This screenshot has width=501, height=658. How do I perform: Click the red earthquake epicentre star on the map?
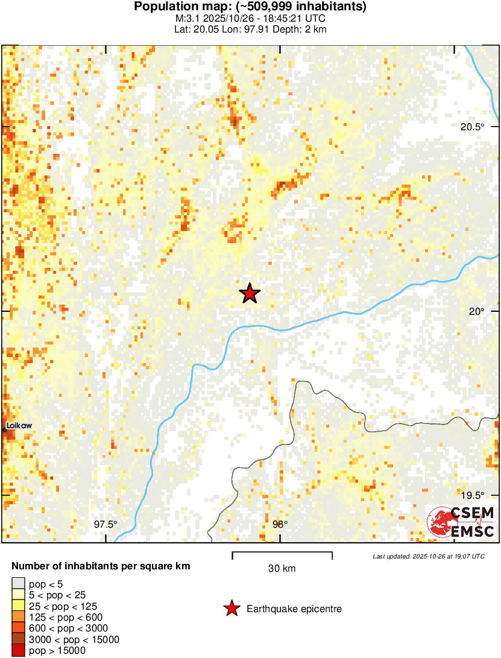pos(250,293)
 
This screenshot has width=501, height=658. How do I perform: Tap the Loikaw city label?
pos(19,426)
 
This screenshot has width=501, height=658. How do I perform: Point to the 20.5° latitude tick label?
pos(472,127)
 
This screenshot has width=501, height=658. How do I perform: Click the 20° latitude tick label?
pos(477,311)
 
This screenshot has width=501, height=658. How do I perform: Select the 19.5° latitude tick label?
pos(472,496)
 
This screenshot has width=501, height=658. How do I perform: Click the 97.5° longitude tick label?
pos(106,524)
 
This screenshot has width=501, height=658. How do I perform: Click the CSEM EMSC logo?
pos(461,522)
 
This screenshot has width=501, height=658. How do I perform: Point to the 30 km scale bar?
pos(282,552)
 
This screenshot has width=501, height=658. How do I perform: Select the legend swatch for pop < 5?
pos(18,583)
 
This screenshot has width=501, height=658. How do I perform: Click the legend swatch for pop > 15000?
pos(18,650)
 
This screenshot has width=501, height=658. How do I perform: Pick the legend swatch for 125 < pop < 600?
pos(18,617)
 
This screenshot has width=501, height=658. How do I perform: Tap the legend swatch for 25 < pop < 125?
pos(18,606)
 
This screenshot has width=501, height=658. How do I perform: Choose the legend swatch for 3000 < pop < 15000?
pos(18,639)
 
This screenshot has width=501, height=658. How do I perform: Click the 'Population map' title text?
pos(250,7)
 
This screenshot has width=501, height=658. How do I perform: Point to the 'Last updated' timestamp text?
pos(428,556)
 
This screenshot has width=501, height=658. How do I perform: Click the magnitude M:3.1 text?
pos(183,18)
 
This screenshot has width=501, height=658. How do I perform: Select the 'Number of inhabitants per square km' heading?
pos(101,566)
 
